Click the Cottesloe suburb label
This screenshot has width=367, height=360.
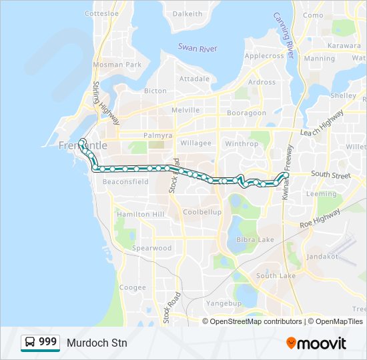point(101,13)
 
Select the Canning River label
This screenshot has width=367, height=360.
point(284,33)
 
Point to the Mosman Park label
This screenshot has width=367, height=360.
point(117,65)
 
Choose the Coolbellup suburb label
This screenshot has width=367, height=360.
point(202,212)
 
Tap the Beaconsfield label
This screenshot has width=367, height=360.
point(125,181)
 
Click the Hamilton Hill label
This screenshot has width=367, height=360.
point(140,215)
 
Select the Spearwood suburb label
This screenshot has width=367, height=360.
point(152,248)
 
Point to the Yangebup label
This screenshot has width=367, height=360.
point(223,302)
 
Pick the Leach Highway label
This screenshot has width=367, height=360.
point(322,125)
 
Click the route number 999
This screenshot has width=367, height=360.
point(47,342)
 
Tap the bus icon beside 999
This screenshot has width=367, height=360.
point(30,343)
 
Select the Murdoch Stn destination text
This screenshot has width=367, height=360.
point(97,343)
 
